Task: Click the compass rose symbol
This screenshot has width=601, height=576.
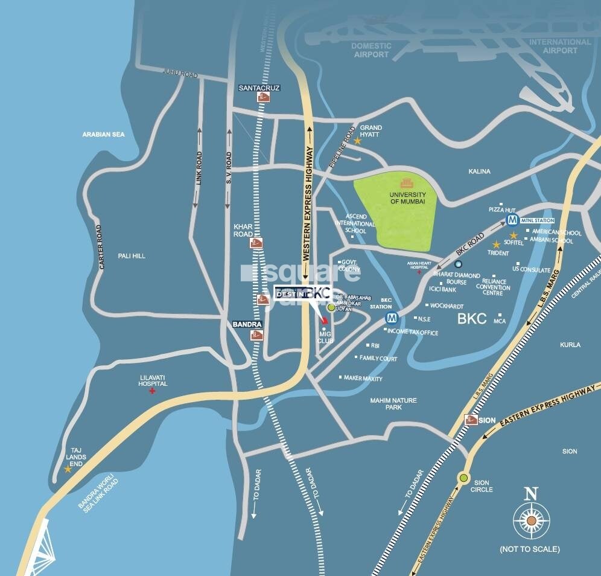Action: pos(530,520)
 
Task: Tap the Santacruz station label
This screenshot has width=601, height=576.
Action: pos(259,88)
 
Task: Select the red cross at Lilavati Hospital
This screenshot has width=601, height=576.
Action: pos(152,391)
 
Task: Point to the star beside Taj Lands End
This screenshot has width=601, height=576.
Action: pos(68,469)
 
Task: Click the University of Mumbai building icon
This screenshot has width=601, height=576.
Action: pos(408,182)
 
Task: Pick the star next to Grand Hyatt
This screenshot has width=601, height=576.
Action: pos(357,141)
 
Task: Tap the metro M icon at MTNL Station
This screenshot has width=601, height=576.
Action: pos(512,220)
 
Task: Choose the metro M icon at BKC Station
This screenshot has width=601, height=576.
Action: pos(392,318)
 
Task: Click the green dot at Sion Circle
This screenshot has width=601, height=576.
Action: pos(463,478)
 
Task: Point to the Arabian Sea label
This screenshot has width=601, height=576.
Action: pos(103,134)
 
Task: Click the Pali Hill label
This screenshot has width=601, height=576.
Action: pos(131,256)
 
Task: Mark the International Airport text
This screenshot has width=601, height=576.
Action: pos(560,46)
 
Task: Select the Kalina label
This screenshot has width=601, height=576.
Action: pos(479,171)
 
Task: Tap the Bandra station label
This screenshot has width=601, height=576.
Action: pos(247,325)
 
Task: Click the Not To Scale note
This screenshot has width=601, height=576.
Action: pos(529,549)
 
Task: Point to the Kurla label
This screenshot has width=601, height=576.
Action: pos(570,345)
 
